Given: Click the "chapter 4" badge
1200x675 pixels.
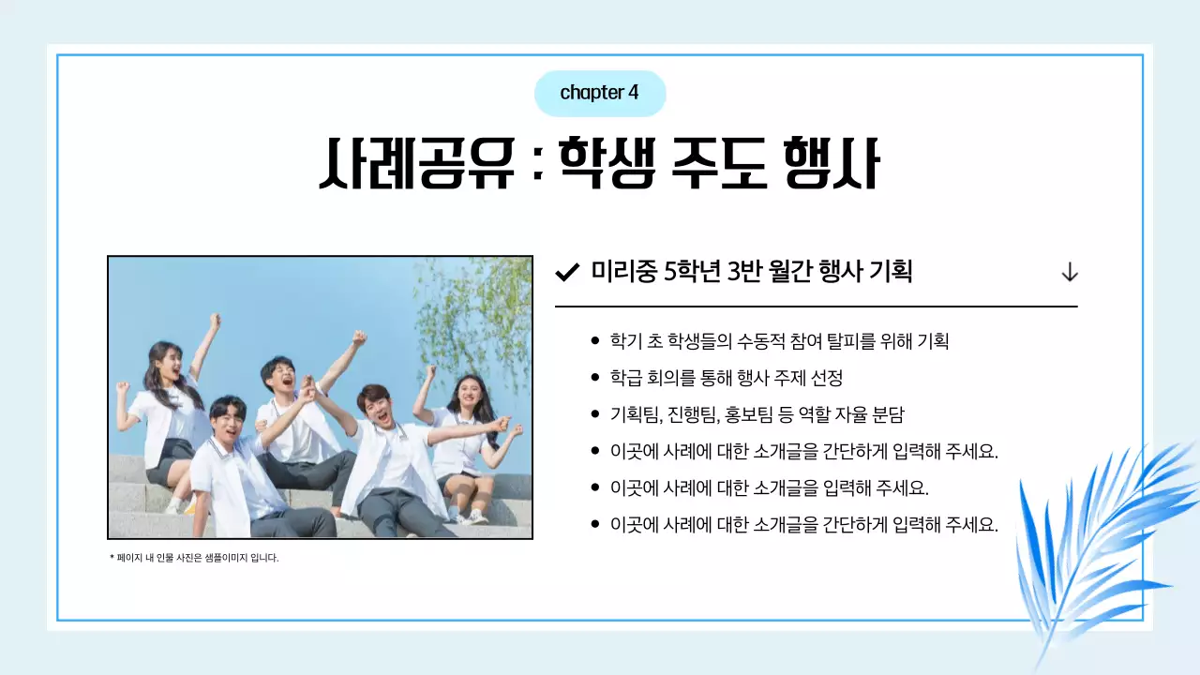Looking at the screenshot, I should pyautogui.click(x=599, y=93).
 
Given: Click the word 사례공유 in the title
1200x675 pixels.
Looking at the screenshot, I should pyautogui.click(x=417, y=164).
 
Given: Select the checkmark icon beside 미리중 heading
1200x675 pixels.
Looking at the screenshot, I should pyautogui.click(x=566, y=273).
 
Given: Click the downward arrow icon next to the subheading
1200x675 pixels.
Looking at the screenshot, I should pyautogui.click(x=1069, y=273).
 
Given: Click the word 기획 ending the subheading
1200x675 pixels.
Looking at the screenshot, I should pyautogui.click(x=891, y=272).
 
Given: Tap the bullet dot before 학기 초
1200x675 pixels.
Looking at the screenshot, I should pyautogui.click(x=595, y=341).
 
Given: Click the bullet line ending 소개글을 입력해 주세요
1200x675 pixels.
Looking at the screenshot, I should pyautogui.click(x=769, y=487).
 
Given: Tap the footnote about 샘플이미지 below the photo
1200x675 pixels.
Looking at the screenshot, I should pyautogui.click(x=195, y=558).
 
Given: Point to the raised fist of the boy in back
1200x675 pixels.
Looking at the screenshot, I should pyautogui.click(x=358, y=337).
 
